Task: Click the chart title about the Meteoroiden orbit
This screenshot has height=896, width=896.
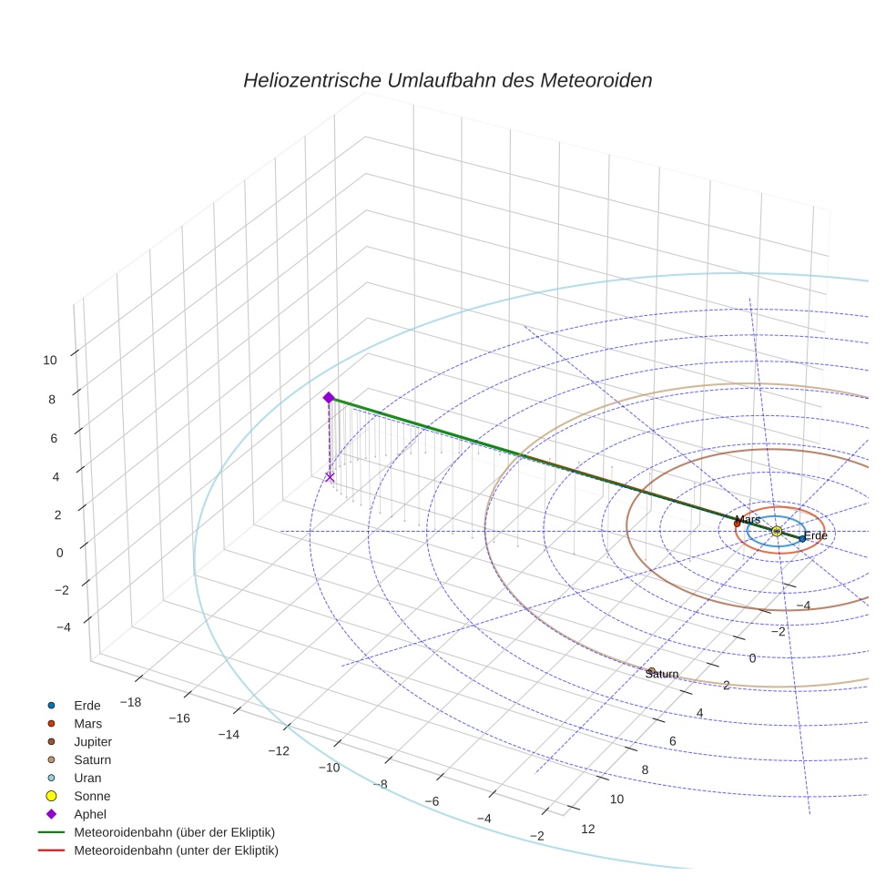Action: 447,80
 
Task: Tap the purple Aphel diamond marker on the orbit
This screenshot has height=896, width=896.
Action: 329,398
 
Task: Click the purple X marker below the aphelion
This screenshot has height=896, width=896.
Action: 329,477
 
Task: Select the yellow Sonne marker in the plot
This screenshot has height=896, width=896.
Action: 777,531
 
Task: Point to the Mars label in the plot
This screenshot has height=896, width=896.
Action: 748,519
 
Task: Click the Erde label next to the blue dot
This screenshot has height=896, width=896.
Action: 816,535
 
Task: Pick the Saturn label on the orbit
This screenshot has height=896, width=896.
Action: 662,674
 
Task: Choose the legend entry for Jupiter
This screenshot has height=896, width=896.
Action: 92,741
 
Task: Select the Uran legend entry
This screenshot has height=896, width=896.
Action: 87,778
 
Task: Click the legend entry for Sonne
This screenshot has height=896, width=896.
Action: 92,796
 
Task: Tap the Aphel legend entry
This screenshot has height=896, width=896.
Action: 90,814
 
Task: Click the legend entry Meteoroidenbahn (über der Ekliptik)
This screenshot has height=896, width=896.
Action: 174,832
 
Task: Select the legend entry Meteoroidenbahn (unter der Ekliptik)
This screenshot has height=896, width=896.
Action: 176,850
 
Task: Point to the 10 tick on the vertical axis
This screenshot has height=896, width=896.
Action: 49,360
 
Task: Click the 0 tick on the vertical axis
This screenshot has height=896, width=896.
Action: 58,552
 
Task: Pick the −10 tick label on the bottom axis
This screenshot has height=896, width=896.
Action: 328,767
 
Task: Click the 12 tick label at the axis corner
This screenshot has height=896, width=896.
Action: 587,829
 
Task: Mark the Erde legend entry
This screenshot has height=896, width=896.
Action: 87,705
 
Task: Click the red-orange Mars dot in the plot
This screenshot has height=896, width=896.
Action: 737,524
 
